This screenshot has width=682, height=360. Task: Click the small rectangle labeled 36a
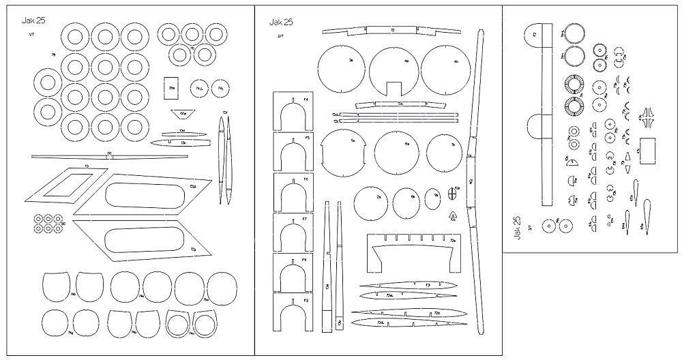pos(173,88)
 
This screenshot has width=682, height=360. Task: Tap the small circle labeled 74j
pos(221,89)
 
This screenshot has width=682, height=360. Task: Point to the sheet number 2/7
pos(280,35)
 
